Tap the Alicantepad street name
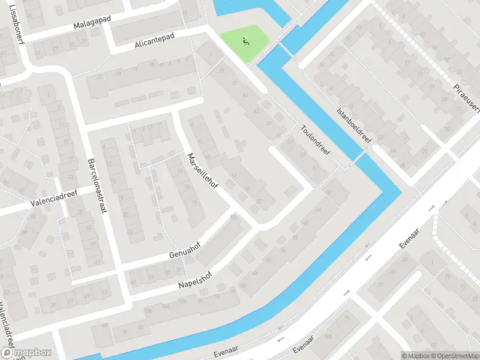pos(154,40)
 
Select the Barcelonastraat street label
pos(96,187)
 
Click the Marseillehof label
pos(202,170)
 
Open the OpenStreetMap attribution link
pos(455,355)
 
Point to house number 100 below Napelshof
pos(182,301)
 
